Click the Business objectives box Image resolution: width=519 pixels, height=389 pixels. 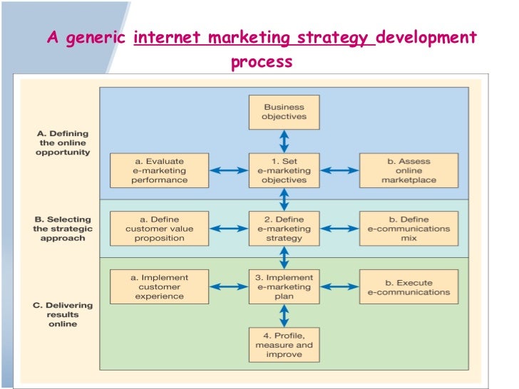[x=284, y=112]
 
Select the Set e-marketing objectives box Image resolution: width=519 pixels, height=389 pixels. [x=284, y=170]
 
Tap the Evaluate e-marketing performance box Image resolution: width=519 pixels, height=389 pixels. [x=159, y=170]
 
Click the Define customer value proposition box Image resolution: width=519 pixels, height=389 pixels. [x=159, y=229]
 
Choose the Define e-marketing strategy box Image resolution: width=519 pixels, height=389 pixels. [x=284, y=229]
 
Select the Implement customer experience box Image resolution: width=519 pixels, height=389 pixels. [x=159, y=286]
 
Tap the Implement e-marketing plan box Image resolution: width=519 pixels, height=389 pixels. [x=284, y=286]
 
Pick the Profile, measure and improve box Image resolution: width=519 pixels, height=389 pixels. [x=284, y=345]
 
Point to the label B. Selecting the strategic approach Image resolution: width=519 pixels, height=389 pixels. [x=63, y=229]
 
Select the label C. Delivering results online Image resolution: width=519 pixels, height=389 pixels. [x=63, y=314]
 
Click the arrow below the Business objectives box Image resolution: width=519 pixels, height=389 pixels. [x=284, y=141]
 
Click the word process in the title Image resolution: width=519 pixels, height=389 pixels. [x=261, y=62]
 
